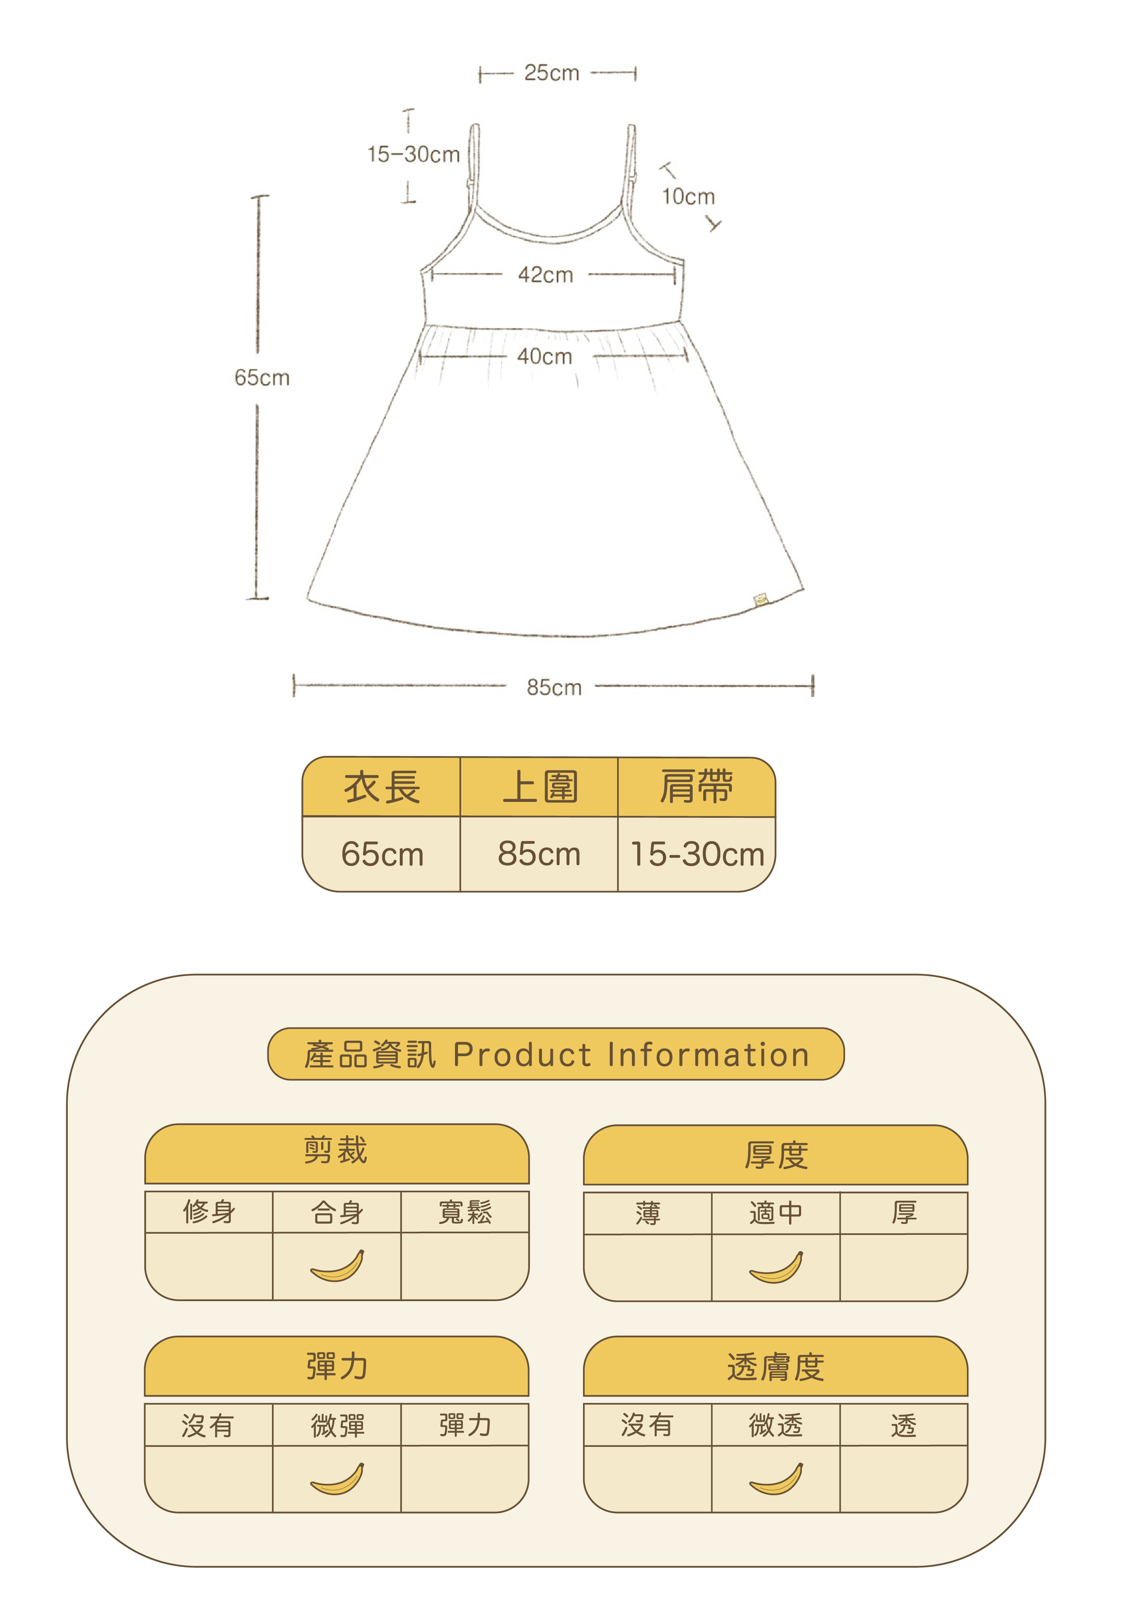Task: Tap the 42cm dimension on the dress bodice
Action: [546, 275]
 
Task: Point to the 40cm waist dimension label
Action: [544, 356]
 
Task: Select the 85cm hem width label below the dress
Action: [554, 687]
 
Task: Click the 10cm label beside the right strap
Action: [688, 197]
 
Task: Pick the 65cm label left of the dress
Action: [262, 378]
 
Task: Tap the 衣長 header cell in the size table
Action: [382, 787]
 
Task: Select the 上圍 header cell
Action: [539, 787]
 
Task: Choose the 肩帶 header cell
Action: [696, 787]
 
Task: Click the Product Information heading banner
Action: [556, 1054]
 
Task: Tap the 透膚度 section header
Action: [775, 1367]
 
